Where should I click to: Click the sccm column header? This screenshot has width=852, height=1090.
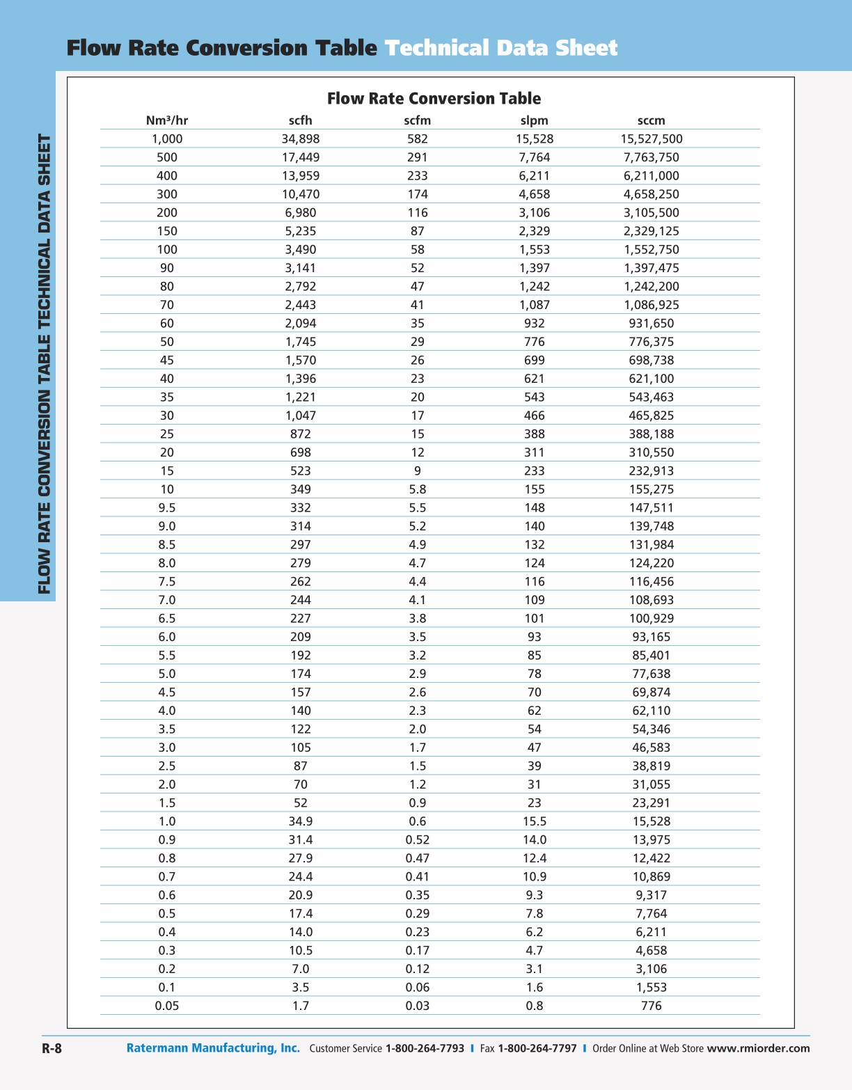pos(651,120)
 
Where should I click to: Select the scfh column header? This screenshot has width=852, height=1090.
pos(300,120)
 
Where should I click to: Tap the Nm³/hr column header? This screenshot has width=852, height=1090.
pos(167,120)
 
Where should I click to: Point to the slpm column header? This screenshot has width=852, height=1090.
pos(534,120)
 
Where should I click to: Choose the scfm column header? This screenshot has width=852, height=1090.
pos(417,120)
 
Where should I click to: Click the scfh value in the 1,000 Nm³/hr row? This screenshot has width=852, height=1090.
pos(300,139)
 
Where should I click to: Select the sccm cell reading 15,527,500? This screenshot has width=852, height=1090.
pos(651,139)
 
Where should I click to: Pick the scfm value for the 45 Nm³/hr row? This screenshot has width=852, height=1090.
pos(417,361)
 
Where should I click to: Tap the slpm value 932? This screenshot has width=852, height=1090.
pos(534,324)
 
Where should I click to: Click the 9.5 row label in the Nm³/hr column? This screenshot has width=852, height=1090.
pos(167,508)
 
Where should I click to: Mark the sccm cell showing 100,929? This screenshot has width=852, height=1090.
pos(651,619)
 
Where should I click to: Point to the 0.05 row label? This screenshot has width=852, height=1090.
pos(167,1006)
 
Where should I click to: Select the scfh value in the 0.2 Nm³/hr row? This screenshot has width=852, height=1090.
pos(300,969)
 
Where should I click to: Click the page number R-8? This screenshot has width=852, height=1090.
pos(52,1049)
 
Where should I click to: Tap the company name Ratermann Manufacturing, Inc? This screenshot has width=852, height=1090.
pos(213,1048)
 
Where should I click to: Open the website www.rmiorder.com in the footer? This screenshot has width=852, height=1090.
pos(758,1049)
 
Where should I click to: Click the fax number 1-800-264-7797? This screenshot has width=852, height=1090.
pos(537,1049)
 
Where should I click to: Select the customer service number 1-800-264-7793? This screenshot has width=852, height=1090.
pos(425,1049)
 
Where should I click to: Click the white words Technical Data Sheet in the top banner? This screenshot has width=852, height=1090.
pos(500,48)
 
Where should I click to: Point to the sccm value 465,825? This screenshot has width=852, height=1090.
pos(651,416)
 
